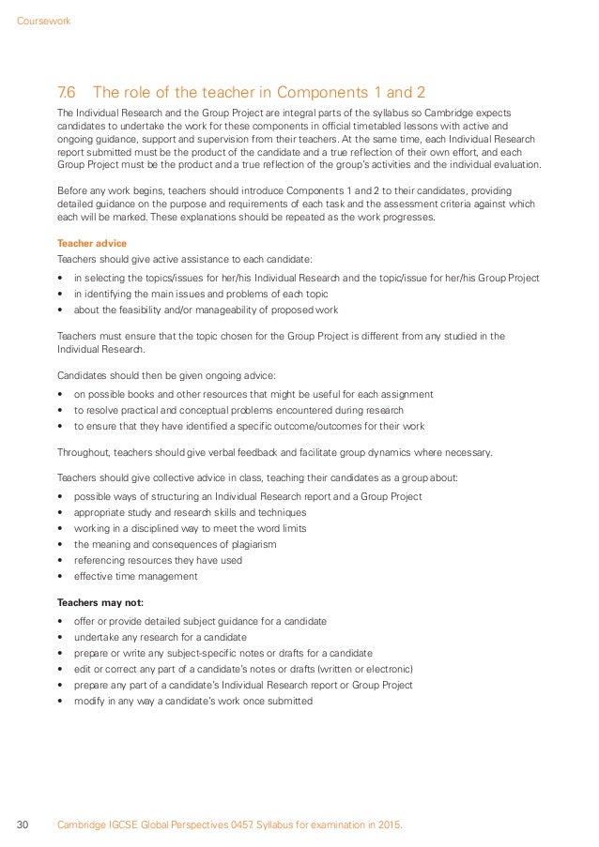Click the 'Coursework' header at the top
click(44, 21)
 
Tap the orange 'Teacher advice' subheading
click(92, 243)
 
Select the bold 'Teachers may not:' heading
click(100, 602)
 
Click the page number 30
click(23, 824)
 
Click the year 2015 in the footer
click(387, 824)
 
